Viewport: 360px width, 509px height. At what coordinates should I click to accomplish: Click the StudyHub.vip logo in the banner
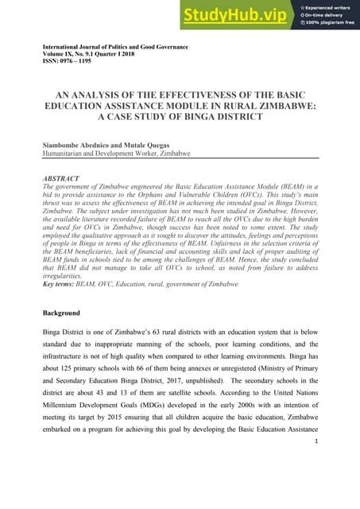236,14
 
